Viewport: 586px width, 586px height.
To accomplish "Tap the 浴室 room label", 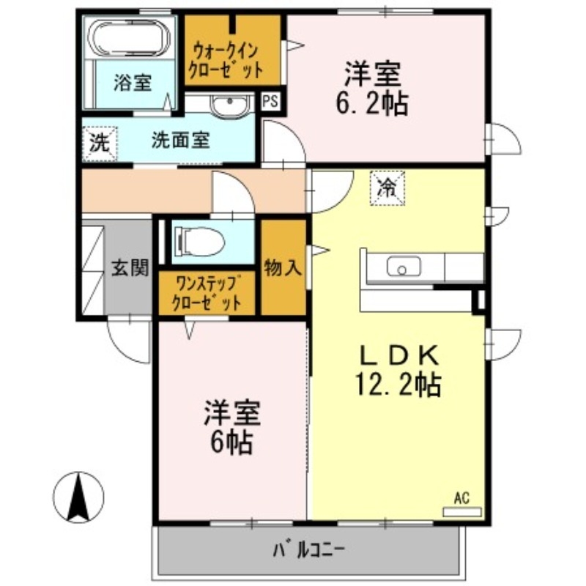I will [133, 82].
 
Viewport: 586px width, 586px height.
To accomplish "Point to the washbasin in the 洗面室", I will [231, 106].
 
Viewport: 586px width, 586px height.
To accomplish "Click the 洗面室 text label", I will [181, 140].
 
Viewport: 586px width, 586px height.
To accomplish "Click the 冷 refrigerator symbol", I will [385, 188].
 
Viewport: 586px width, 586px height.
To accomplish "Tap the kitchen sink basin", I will [402, 267].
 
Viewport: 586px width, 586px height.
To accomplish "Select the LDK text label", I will [398, 356].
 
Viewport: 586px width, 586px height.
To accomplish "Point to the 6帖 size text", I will [230, 440].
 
